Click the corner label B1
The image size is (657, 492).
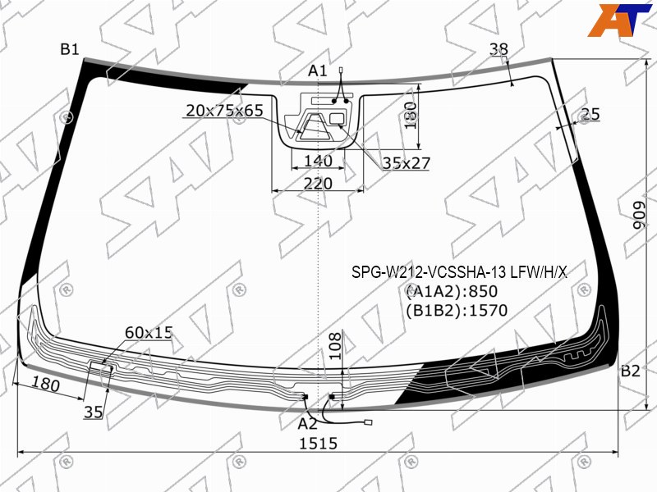(x=70, y=49)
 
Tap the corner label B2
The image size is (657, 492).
(x=630, y=371)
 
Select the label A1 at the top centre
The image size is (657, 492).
(x=317, y=71)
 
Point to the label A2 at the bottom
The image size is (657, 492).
(x=307, y=424)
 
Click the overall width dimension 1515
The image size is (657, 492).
(x=318, y=443)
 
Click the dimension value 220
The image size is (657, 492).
(x=318, y=183)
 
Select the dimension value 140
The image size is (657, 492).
(x=318, y=161)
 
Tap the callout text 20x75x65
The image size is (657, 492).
(x=224, y=111)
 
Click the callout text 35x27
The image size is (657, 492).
(x=406, y=163)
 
